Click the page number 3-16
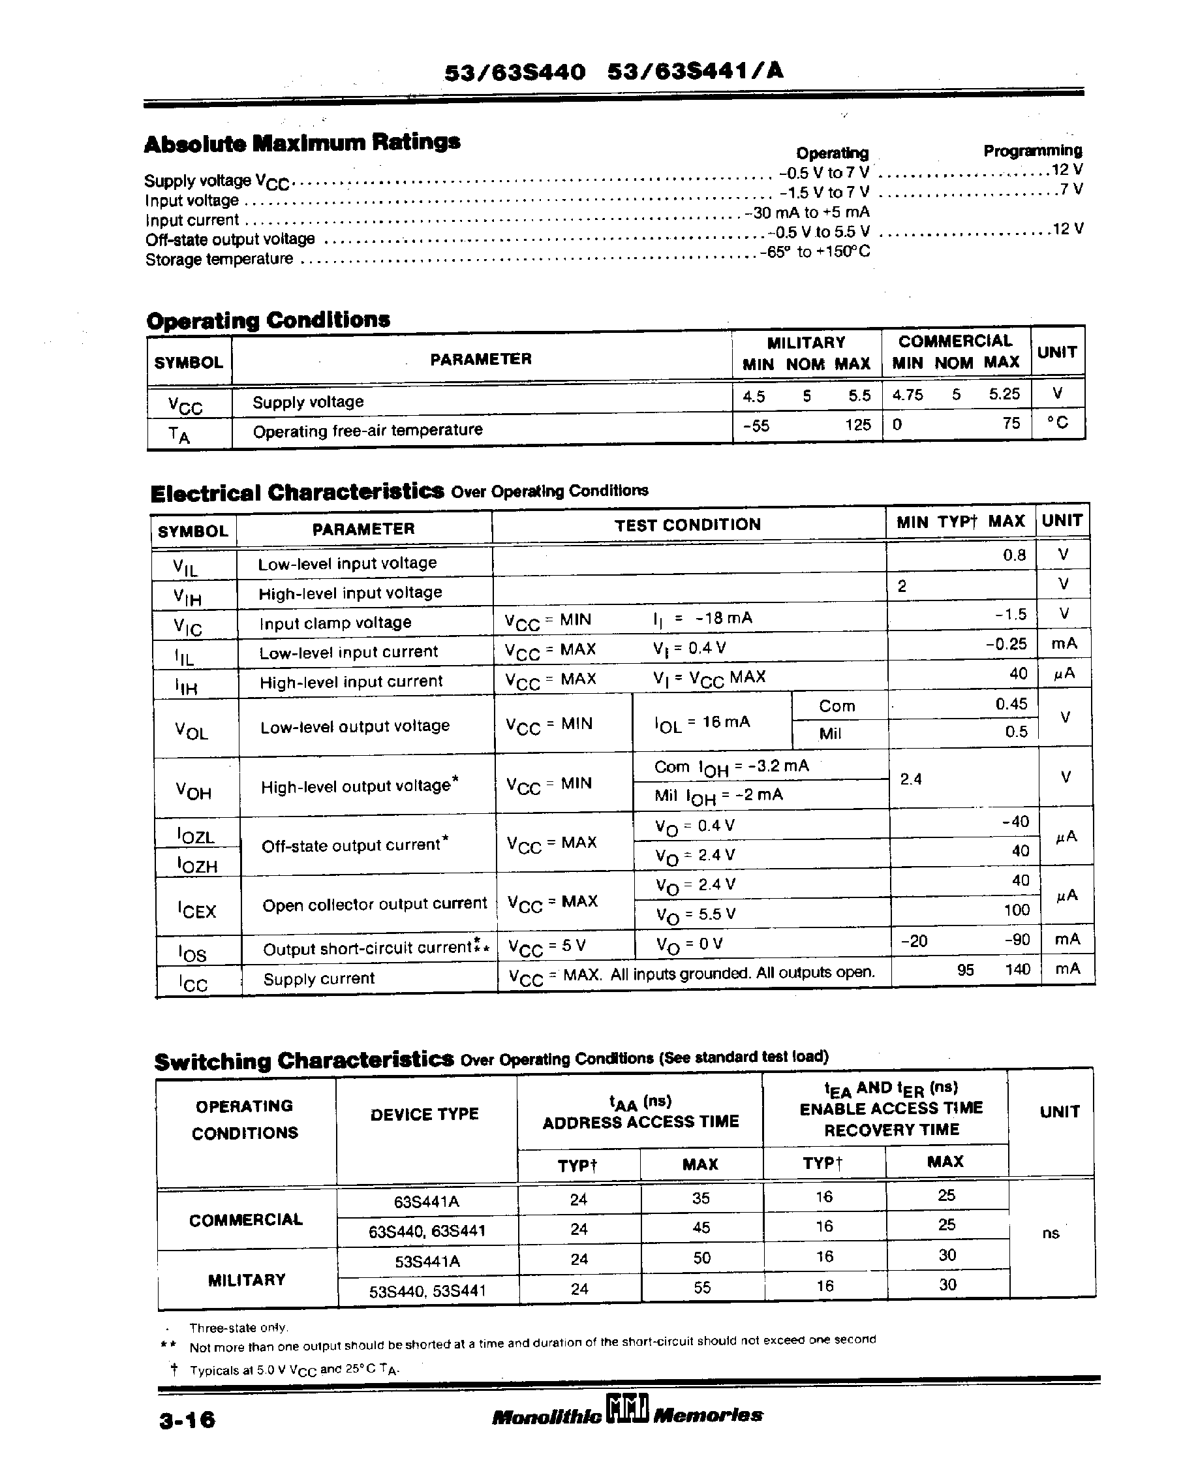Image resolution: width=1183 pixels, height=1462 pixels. pos(187,1420)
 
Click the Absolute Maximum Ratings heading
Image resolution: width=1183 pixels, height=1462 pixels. pos(302,143)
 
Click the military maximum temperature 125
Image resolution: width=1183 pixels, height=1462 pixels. pos(858,426)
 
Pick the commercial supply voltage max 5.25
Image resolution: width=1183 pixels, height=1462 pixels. pos(1004,394)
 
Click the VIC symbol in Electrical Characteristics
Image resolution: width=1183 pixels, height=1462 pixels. pos(187,627)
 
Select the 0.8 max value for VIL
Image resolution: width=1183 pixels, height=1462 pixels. pos(1014,555)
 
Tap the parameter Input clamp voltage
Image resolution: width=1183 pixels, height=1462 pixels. pos(335,623)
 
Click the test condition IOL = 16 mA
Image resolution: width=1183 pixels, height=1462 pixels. pos(702,723)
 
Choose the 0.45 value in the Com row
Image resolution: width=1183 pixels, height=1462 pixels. pos(1011,704)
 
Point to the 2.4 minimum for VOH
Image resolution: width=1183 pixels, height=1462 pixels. pos(910,779)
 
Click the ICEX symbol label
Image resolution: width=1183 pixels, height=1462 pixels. pos(196,910)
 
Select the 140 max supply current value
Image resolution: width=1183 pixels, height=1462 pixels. pos(1017,969)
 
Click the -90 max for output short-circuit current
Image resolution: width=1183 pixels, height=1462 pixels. pos(1017,940)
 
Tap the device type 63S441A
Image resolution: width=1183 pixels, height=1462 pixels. pos(427,1202)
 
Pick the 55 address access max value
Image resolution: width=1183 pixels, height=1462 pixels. pos(702,1288)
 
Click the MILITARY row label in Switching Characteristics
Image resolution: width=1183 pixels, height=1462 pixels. pos(246,1280)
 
